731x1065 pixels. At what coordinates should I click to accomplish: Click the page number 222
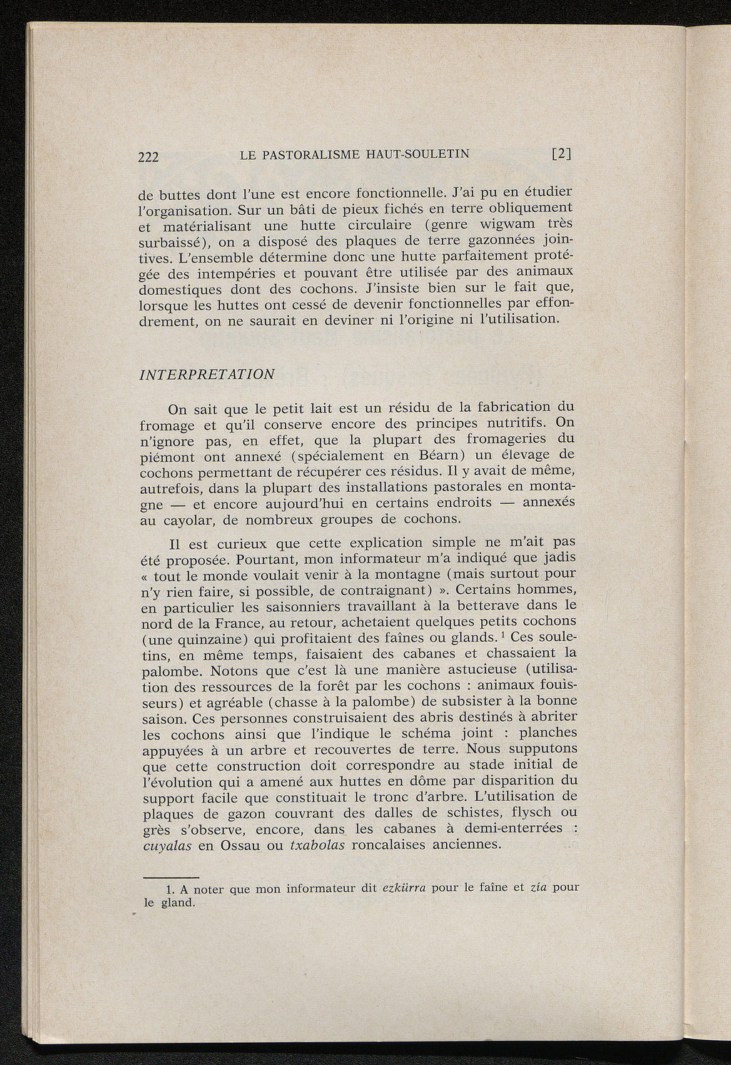pyautogui.click(x=151, y=158)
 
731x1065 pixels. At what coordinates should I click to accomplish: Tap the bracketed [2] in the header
pyautogui.click(x=562, y=153)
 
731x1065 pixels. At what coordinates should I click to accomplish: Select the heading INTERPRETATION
pyautogui.click(x=207, y=374)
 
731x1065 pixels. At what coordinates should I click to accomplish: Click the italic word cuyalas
pyautogui.click(x=168, y=845)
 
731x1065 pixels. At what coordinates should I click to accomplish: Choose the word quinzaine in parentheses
pyautogui.click(x=186, y=637)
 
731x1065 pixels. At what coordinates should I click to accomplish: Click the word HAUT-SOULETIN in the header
pyautogui.click(x=423, y=154)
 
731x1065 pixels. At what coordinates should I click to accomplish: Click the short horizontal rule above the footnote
pyautogui.click(x=171, y=876)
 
